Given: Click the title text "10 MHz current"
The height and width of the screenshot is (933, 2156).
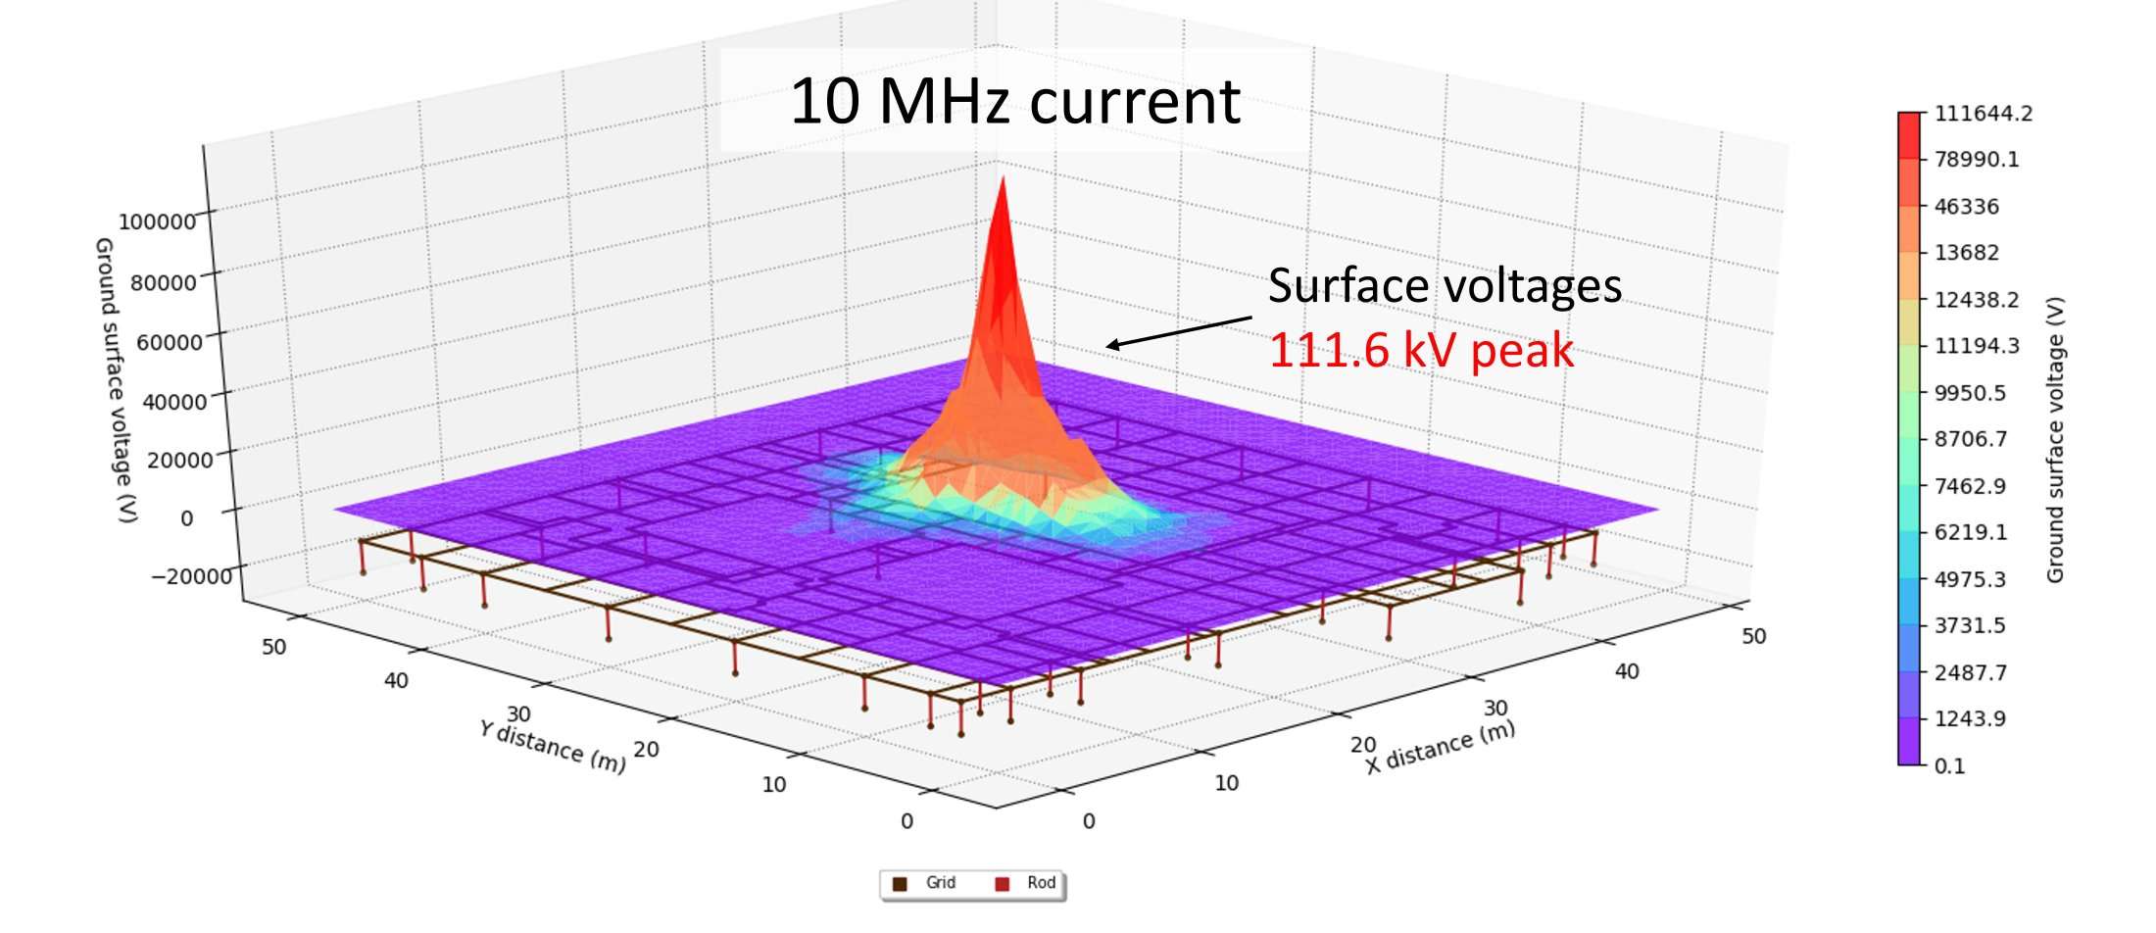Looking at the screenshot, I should point(1014,101).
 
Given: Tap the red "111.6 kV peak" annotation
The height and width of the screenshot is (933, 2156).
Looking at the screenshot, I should point(1421,350).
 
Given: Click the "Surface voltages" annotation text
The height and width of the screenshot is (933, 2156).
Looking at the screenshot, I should point(1445,285).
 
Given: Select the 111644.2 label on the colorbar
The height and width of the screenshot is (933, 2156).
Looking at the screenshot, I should point(1983,114).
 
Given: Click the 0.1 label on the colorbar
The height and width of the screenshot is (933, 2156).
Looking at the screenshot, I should point(1949,765).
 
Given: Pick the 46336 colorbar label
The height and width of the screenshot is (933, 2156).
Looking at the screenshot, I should point(1966,207).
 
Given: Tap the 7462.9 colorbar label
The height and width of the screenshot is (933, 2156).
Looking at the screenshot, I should point(1970,486).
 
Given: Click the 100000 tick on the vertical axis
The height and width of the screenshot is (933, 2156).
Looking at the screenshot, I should point(157,221).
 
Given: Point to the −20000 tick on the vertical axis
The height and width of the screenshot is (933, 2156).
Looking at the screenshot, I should point(191,575).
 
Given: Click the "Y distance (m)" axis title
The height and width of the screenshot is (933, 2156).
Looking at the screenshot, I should point(552,746).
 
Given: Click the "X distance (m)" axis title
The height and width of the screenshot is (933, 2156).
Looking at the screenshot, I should point(1441,747).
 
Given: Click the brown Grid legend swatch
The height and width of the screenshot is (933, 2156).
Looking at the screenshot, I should point(900,884).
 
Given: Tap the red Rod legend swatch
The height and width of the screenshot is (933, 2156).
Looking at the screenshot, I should point(1002,884).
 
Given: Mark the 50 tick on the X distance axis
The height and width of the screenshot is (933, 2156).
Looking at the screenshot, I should point(1753,636).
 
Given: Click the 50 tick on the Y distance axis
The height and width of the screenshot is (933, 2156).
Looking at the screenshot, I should point(273,647).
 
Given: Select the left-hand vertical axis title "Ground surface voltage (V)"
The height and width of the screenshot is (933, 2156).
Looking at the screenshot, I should point(116,379).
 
